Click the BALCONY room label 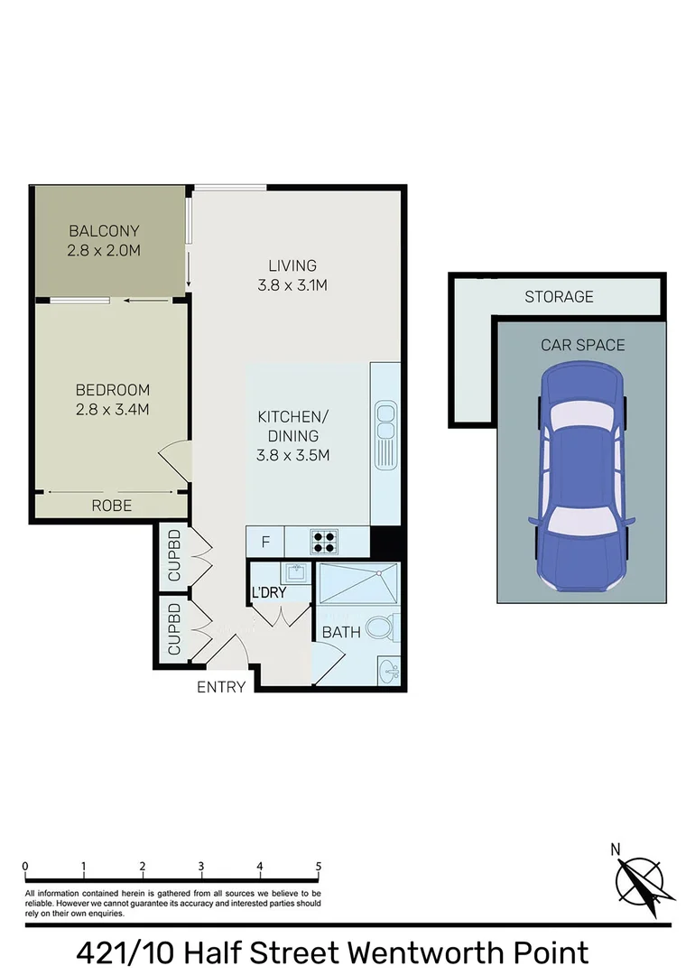(103, 231)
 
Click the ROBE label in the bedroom (112, 506)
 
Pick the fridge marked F (265, 543)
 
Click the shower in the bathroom (358, 583)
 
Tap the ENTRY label (221, 687)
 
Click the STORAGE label (559, 296)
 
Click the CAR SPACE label (582, 345)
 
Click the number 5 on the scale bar (319, 866)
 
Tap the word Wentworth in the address (422, 952)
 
